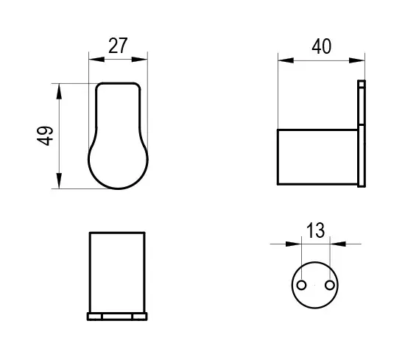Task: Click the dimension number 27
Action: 118,46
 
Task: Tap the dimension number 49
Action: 45,136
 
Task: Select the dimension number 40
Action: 321,46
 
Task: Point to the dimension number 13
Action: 315,230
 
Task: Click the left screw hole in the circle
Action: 301,286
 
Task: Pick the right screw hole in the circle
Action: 330,286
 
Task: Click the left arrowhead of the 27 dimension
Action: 96,60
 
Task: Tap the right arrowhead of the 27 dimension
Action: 139,60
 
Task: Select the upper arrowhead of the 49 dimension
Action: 59,91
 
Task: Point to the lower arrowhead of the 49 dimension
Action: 59,181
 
